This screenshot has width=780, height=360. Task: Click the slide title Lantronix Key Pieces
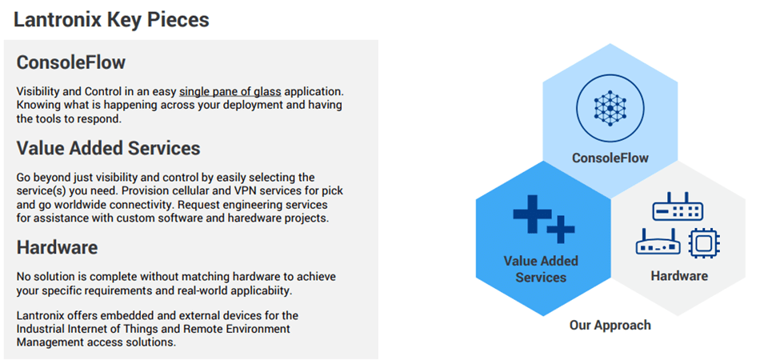tap(111, 20)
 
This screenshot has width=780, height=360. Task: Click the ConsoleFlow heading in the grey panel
tap(71, 62)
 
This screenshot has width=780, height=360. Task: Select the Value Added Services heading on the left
tap(108, 148)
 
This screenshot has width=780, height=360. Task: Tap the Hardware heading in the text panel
tap(58, 247)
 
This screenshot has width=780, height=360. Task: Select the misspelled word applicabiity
tap(253, 290)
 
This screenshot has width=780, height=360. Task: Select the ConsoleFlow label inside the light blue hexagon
tap(610, 158)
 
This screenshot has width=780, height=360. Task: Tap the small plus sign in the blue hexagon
tap(561, 230)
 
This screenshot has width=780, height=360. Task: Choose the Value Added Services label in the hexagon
tap(541, 269)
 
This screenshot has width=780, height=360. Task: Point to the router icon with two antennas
tap(658, 241)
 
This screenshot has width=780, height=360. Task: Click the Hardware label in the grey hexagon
tap(679, 276)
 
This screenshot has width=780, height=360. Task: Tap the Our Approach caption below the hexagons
tap(610, 325)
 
